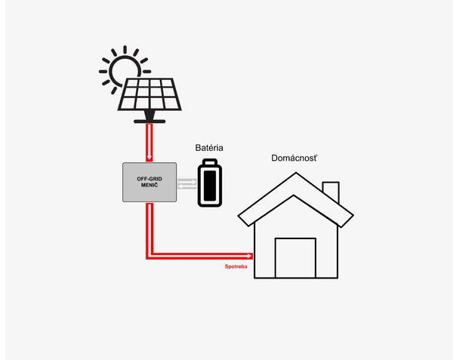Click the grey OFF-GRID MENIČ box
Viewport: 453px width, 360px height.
coord(149,183)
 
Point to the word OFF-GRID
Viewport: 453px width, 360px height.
coord(150,179)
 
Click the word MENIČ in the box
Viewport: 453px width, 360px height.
coord(150,186)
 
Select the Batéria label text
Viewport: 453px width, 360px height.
coord(208,148)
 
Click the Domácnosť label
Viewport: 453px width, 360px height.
coord(294,158)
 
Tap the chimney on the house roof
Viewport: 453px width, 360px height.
coord(331,192)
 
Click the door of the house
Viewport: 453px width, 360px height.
coord(294,258)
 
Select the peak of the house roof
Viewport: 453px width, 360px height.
coord(295,175)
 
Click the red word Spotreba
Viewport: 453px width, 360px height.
coord(236,266)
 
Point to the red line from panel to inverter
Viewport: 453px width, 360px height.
coord(149,140)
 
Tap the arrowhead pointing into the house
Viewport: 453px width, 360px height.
coord(250,257)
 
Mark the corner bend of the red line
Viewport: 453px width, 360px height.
coord(149,257)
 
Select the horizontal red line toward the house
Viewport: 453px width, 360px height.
coord(200,257)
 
